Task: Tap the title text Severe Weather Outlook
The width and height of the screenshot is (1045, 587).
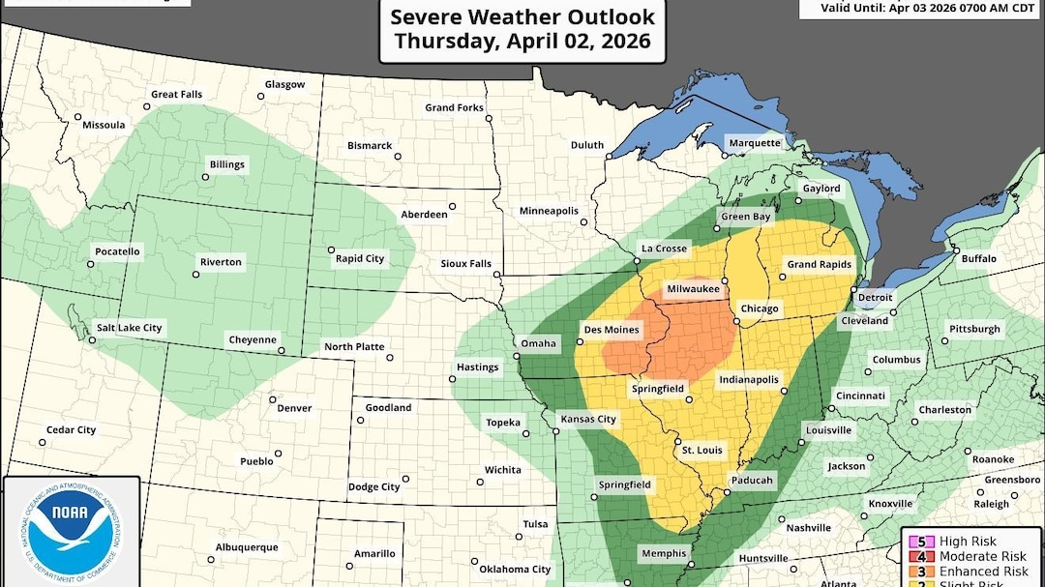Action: click(522, 17)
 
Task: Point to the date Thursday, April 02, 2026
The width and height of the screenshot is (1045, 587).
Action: click(522, 42)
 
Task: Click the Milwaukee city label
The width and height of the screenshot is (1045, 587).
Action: click(694, 289)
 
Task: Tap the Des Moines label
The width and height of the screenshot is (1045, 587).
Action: click(612, 330)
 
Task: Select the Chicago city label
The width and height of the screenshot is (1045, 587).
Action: click(760, 308)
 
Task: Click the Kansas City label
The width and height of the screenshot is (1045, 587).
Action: click(588, 419)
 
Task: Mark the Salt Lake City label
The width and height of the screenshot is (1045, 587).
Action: click(128, 328)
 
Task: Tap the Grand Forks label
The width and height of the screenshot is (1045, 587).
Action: click(454, 107)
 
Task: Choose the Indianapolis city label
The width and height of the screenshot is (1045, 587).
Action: click(748, 380)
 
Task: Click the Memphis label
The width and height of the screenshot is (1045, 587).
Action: click(663, 554)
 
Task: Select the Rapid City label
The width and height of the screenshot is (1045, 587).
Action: click(359, 258)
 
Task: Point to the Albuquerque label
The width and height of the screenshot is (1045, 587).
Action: click(246, 547)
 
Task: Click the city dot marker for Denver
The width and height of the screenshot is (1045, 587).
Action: click(273, 398)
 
